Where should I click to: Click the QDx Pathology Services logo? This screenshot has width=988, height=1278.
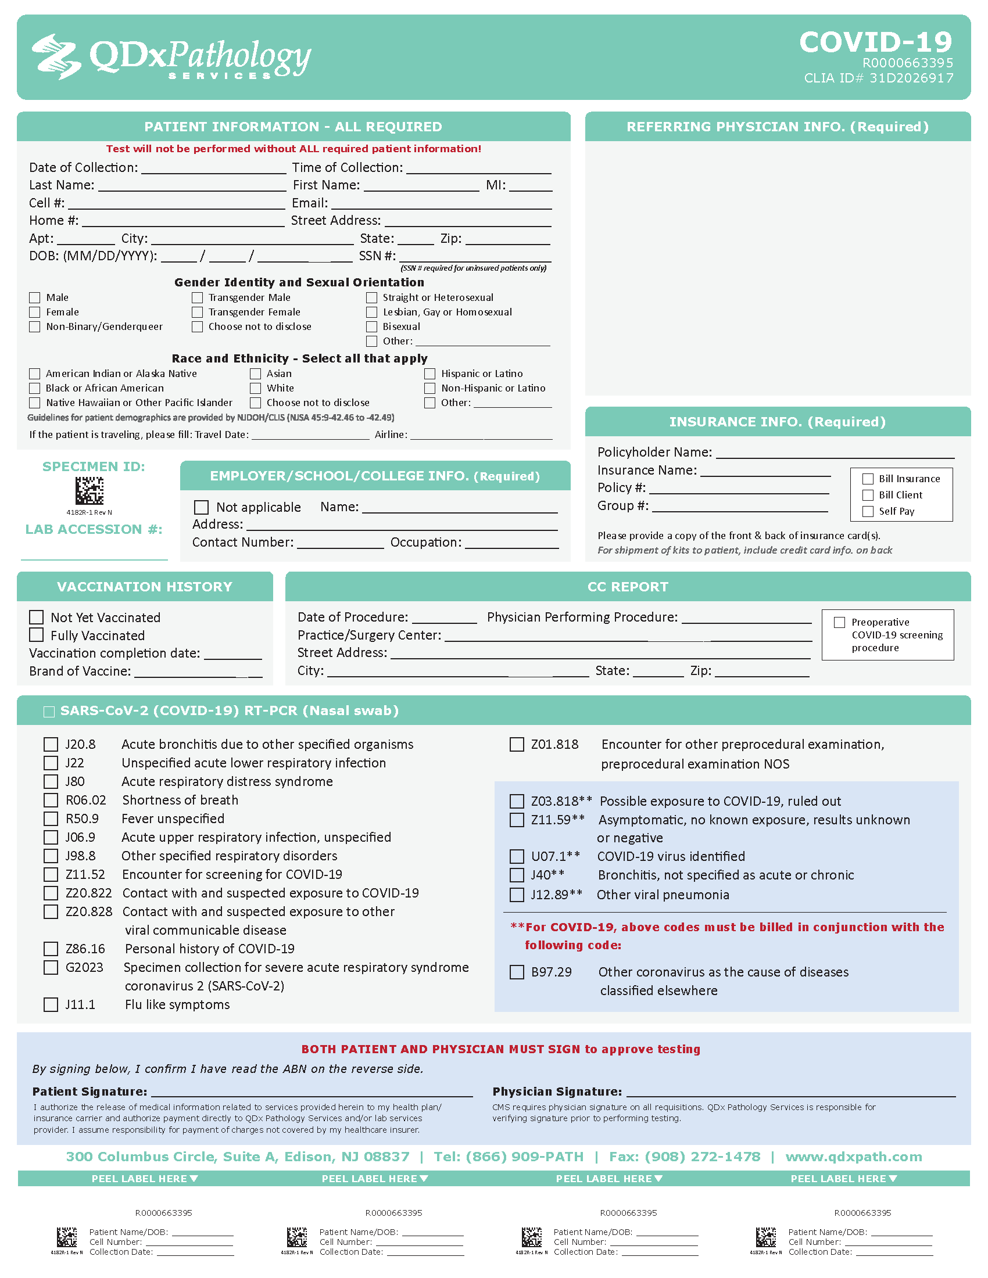click(171, 58)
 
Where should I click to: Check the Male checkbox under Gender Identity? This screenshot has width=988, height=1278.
click(35, 298)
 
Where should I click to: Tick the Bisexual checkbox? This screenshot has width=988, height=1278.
click(372, 326)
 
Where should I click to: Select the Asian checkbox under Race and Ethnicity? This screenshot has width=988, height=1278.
click(255, 374)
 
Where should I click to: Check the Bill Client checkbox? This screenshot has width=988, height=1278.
click(868, 495)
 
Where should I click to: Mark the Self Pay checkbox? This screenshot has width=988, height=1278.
click(868, 511)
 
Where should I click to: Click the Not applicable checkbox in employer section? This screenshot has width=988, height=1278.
click(201, 507)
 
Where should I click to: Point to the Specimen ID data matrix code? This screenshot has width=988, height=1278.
click(90, 490)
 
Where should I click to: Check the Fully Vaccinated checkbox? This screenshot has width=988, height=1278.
click(36, 635)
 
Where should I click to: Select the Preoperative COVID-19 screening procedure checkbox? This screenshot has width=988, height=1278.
click(839, 622)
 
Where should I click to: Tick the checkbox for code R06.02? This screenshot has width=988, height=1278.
click(51, 800)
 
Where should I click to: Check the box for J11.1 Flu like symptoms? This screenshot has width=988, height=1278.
click(51, 1005)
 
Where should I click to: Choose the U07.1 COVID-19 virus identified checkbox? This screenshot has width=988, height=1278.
click(517, 857)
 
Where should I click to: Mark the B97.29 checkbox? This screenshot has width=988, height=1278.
click(517, 972)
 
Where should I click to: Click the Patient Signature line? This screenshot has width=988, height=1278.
click(312, 1093)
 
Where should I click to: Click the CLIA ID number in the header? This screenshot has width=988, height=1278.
click(879, 78)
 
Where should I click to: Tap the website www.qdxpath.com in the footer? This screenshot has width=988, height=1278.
click(853, 1157)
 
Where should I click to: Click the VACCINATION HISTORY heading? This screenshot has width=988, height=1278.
click(145, 586)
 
